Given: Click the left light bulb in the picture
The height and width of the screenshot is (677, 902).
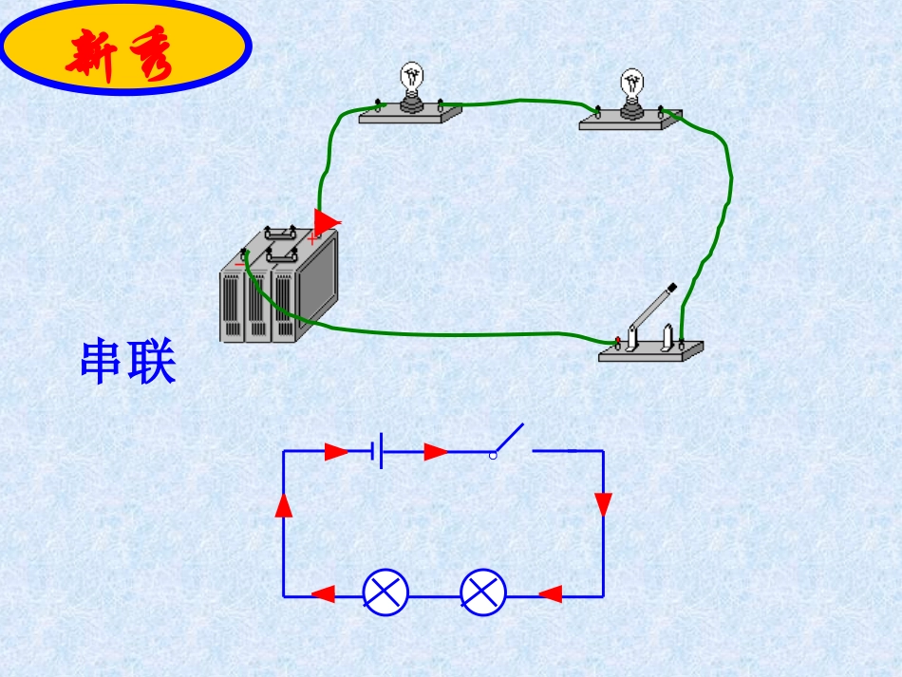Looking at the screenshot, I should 411,80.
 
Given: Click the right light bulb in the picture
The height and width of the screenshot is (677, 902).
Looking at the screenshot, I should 631,85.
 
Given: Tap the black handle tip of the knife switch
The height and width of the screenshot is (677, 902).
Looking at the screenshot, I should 671,286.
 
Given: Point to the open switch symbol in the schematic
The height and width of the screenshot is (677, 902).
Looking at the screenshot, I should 509,442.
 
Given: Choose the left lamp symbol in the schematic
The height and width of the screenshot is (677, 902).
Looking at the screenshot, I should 386,592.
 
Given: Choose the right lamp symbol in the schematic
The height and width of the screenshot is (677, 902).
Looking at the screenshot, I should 483,592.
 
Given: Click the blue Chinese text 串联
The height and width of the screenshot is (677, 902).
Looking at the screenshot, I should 128,362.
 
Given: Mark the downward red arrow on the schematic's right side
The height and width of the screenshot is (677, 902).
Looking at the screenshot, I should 603,504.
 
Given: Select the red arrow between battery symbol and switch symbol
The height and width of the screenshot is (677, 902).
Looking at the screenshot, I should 436,451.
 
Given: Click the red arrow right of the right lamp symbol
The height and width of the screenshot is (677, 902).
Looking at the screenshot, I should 551,594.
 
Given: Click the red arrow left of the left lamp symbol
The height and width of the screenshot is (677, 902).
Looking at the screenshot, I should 324,594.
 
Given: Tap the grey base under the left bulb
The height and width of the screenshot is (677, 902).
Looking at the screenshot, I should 410,115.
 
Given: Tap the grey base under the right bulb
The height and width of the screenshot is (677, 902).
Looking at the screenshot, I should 630,121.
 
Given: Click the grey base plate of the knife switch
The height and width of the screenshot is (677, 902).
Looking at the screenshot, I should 651,351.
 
